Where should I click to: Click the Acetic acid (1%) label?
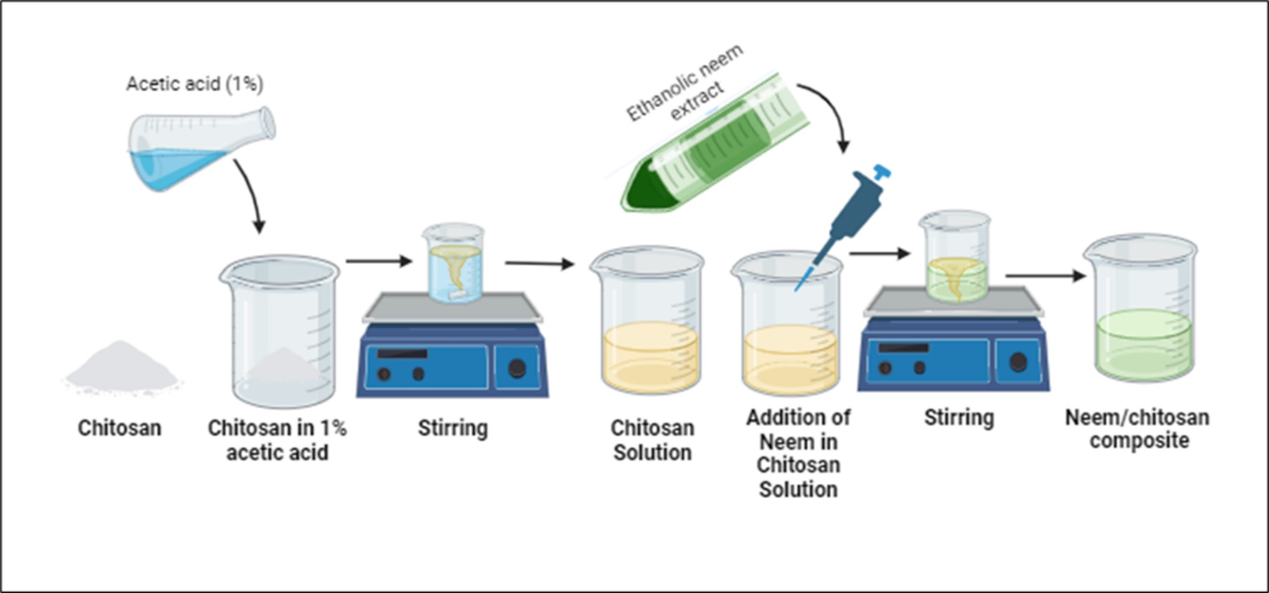194,83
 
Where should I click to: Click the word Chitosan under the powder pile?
120,428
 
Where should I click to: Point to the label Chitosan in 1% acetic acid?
277,440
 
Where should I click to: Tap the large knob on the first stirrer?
517,369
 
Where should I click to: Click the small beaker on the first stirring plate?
453,264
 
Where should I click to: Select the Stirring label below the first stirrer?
453,428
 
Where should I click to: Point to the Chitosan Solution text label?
652,440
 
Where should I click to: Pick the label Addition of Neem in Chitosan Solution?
798,453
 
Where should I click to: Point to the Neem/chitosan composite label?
1138,429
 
